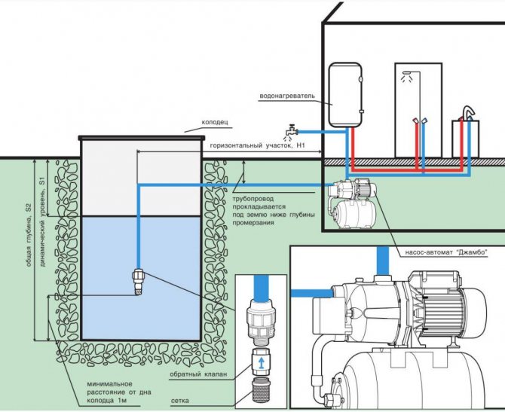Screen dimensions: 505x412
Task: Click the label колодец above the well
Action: [x=215, y=122]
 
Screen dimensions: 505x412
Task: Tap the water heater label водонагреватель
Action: [x=287, y=96]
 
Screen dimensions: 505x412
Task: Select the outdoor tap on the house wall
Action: [x=292, y=131]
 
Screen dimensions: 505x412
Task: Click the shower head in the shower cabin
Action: [x=407, y=73]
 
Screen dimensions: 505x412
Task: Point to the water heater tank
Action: [x=345, y=95]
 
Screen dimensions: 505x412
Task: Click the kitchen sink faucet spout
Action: [x=469, y=113]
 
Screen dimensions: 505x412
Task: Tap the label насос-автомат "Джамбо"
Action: [x=446, y=252]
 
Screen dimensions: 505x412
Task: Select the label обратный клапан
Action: [x=198, y=374]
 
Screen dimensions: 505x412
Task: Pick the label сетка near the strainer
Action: [x=180, y=401]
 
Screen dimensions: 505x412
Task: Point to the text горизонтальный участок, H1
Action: [x=257, y=145]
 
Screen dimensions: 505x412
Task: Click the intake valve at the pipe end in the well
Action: [x=137, y=282]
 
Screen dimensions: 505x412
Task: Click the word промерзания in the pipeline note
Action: [x=253, y=223]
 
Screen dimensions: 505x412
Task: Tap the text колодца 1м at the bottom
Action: [x=106, y=401]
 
